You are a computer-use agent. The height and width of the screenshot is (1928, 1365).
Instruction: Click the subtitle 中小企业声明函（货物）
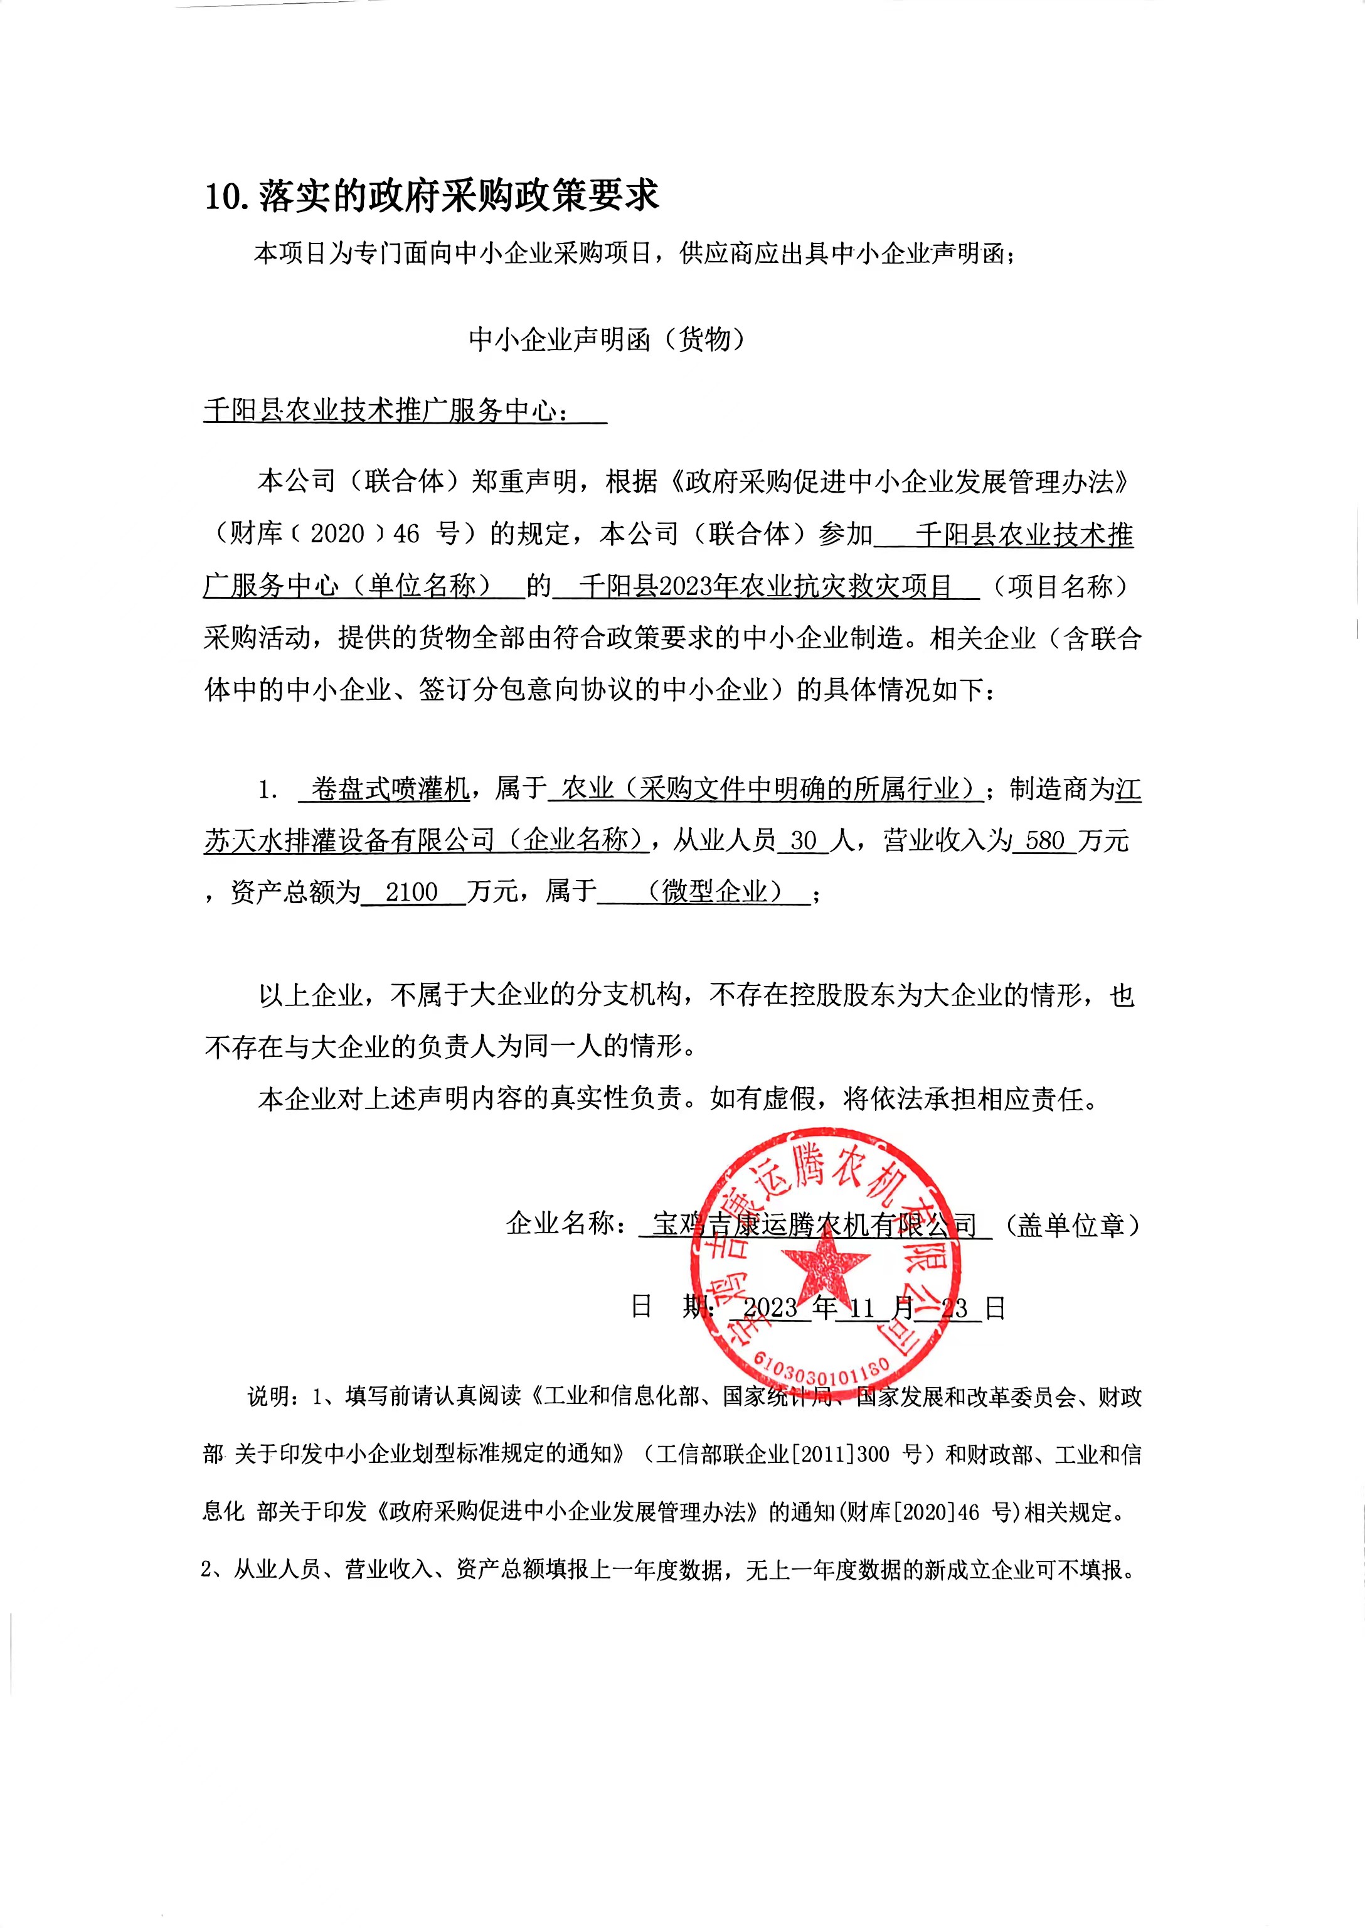coord(607,340)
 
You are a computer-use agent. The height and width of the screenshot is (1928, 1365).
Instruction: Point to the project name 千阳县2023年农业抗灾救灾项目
coord(764,586)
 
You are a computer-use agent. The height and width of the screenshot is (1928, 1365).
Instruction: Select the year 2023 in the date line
coord(769,1307)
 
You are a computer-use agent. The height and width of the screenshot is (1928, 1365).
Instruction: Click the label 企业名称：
coord(567,1224)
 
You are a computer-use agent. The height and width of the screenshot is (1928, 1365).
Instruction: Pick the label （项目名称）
coord(1061,586)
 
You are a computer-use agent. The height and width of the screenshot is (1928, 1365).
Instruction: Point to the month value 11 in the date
coord(863,1307)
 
